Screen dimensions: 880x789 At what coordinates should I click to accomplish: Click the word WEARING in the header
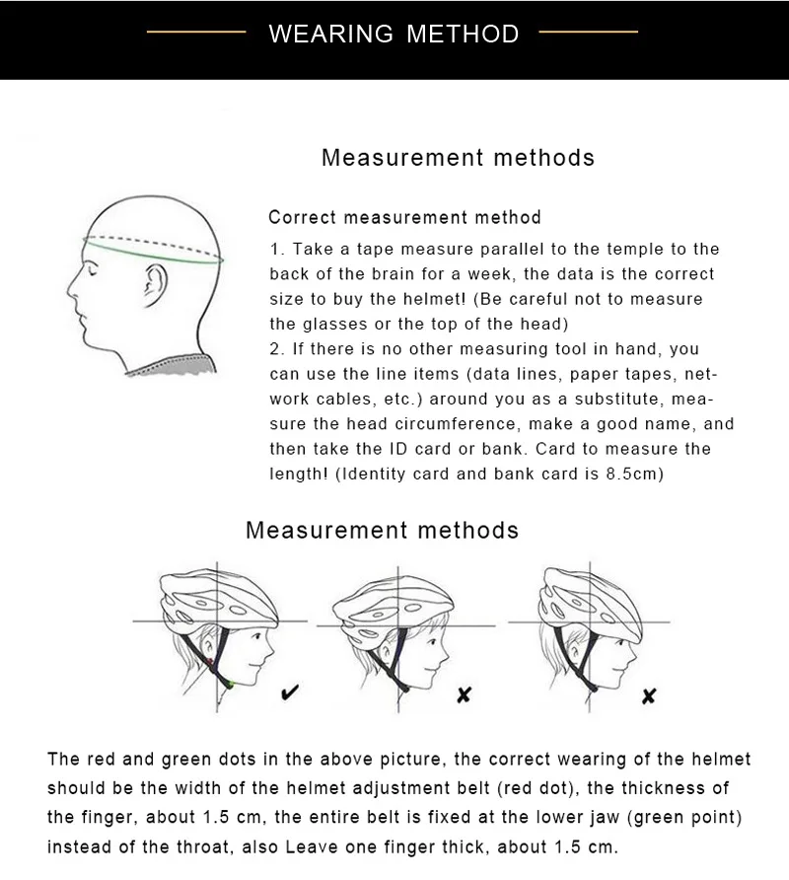330,34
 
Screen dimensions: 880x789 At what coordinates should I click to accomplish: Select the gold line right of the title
589,33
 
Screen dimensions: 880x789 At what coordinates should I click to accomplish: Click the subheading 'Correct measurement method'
404,217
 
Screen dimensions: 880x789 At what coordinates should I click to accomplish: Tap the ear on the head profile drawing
151,287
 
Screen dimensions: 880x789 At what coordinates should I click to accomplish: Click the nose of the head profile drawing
71,289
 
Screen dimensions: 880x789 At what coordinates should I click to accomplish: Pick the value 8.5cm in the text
636,474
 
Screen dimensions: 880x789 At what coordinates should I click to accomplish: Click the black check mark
291,693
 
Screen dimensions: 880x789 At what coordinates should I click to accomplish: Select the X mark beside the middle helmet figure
464,695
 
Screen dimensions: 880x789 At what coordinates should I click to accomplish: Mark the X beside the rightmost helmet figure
648,697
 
